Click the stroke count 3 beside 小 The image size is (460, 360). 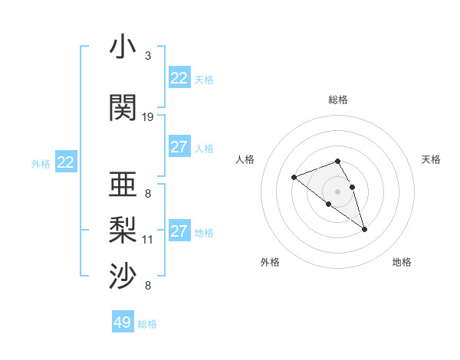(x=147, y=56)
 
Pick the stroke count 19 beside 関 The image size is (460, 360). (x=148, y=117)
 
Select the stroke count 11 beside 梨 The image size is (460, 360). (x=148, y=240)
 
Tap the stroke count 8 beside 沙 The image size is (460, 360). (x=147, y=286)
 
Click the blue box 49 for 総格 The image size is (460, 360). (x=123, y=322)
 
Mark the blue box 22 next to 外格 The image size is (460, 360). (x=65, y=162)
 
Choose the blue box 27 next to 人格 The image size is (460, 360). (x=179, y=147)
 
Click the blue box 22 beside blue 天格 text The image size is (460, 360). (x=179, y=78)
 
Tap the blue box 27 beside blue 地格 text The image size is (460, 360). (x=179, y=231)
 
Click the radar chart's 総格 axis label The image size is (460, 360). (x=338, y=100)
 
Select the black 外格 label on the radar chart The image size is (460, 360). (x=270, y=262)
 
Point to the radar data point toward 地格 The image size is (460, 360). (x=364, y=229)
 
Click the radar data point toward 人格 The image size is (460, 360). (x=294, y=178)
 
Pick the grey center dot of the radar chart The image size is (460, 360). (x=337, y=191)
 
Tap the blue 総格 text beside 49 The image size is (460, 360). (x=147, y=324)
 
